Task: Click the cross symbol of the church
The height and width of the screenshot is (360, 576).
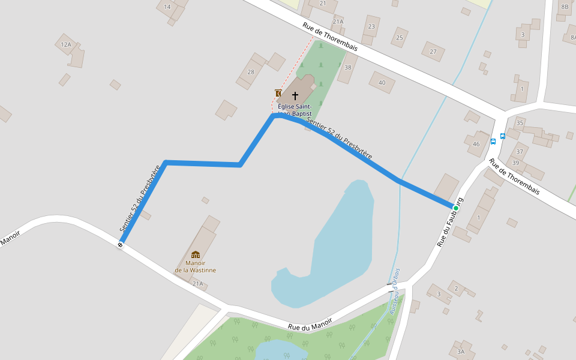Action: point(295,95)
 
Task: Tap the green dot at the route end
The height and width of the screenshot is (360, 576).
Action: point(456,208)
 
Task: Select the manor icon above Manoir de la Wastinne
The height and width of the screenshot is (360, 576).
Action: point(196,254)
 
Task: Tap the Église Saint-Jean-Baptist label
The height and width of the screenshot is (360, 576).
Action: point(295,109)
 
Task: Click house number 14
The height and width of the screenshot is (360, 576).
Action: point(167,7)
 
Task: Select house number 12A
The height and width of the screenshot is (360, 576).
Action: point(66,44)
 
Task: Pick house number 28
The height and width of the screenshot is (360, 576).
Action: point(251,72)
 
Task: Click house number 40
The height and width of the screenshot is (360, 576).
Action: point(382,83)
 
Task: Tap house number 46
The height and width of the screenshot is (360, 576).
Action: point(476,144)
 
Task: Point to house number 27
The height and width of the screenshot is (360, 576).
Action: point(433,52)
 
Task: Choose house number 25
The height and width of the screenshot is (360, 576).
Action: point(399,38)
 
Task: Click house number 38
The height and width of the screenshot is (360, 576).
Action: point(347,67)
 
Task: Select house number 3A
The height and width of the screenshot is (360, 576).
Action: point(461,352)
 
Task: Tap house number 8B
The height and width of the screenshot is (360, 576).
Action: point(565,7)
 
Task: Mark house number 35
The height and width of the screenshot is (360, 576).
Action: point(520,123)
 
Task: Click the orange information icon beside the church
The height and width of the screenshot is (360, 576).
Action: point(278,93)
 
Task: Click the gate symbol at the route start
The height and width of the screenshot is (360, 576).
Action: point(121,245)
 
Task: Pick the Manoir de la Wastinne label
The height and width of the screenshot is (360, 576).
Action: point(196,266)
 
